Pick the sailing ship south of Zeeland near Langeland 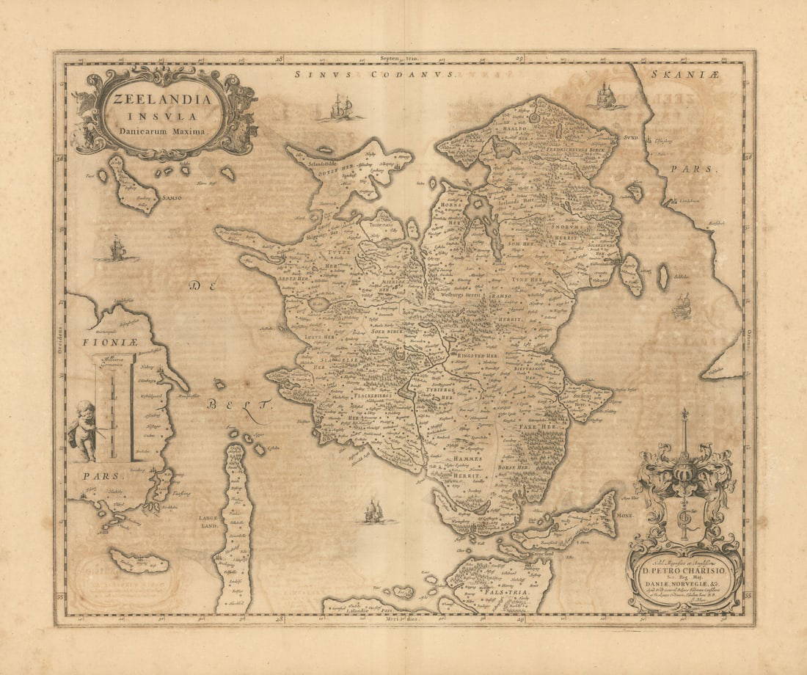tap(373, 511)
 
